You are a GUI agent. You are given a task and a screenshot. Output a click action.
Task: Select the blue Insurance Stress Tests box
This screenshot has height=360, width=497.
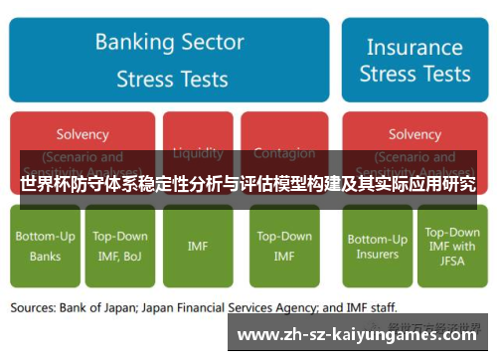[414, 59]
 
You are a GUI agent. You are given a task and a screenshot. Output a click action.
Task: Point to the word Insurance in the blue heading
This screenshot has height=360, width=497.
[414, 46]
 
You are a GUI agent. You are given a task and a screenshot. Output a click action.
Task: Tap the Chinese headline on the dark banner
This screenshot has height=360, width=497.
[248, 185]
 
